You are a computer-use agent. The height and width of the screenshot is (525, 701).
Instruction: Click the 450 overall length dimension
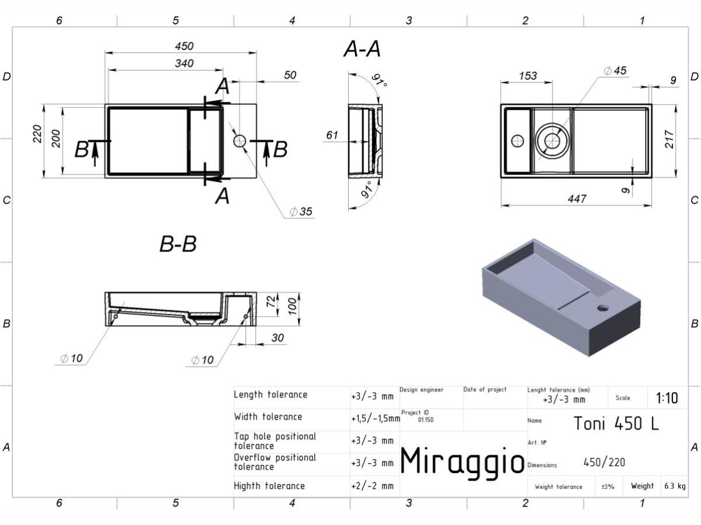coord(184,46)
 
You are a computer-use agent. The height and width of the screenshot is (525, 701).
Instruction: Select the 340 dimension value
coord(184,64)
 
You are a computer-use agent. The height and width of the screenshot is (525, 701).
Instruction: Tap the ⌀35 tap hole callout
coord(301,211)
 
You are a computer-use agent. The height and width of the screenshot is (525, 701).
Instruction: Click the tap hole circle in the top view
coord(240,141)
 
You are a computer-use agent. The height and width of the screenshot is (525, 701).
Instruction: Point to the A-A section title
coord(362,49)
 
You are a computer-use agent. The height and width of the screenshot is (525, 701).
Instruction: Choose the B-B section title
coord(178,244)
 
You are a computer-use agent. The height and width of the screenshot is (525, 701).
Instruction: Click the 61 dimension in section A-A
coord(332,135)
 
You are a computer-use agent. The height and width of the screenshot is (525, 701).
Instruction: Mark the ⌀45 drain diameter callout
coord(615,71)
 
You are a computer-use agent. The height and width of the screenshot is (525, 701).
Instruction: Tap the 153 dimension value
coord(528,76)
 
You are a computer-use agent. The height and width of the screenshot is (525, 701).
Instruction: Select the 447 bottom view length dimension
coord(577,199)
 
